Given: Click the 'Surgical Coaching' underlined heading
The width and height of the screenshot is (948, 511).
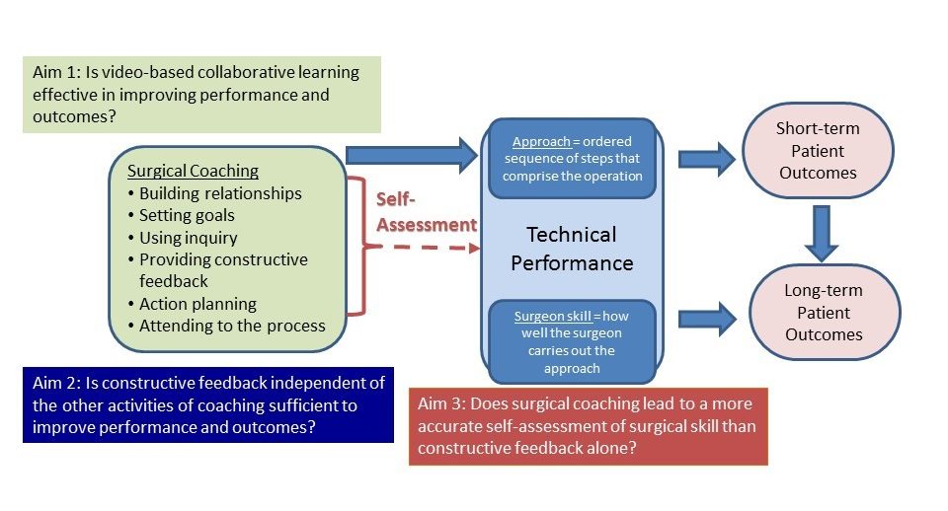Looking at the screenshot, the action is (x=193, y=171).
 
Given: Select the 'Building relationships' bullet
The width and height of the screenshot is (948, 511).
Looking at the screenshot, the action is (x=214, y=193).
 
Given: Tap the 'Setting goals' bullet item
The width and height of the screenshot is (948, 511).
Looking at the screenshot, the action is (x=182, y=215).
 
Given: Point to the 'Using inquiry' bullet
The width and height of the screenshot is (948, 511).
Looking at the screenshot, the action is (x=183, y=238).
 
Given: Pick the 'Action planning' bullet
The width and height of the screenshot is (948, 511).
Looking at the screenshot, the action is (x=193, y=304).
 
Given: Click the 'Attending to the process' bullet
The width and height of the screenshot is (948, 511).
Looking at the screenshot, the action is (x=227, y=326).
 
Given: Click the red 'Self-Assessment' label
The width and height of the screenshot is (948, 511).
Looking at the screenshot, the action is (x=427, y=212).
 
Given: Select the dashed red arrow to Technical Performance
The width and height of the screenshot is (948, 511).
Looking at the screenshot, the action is (x=424, y=247).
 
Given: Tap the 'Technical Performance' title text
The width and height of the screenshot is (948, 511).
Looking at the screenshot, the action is (x=572, y=249).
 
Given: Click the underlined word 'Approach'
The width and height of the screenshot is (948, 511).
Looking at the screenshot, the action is (x=541, y=141).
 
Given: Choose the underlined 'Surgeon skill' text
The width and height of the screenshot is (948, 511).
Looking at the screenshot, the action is (x=553, y=316).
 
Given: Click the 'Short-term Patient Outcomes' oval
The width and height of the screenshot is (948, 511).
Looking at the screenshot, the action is (x=818, y=150).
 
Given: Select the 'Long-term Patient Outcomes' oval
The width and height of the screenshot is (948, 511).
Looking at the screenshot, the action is (x=824, y=313).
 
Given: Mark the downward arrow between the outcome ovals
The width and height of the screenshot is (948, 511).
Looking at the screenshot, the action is (x=821, y=233).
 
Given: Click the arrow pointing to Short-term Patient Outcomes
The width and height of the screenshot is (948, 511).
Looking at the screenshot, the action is (x=706, y=160).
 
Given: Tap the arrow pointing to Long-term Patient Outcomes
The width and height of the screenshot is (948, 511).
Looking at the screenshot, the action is (x=707, y=319).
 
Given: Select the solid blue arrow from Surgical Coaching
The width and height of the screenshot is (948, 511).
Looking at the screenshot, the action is (x=412, y=155).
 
